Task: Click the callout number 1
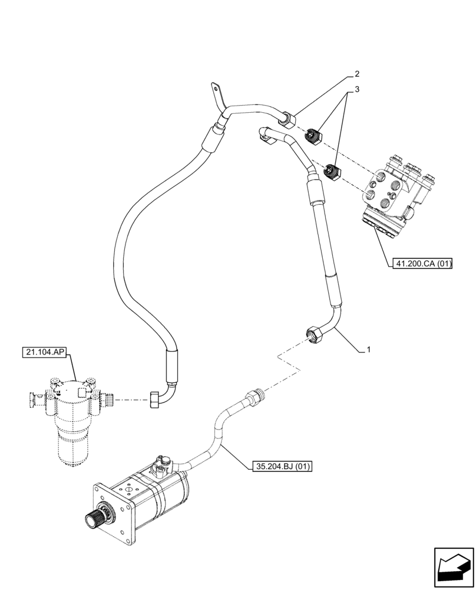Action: coord(368,350)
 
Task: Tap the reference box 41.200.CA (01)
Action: coord(421,264)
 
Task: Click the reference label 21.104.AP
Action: coord(45,353)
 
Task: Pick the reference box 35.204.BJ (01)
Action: coord(281,467)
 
